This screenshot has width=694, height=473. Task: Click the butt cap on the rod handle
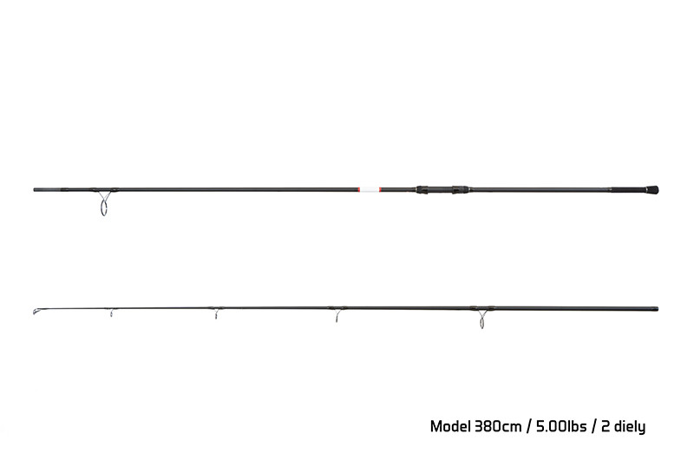652,190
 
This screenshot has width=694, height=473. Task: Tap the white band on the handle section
370,189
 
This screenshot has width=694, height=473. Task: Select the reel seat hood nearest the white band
422,189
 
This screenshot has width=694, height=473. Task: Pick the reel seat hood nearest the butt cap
461,189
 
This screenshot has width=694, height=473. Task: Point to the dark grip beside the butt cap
628,189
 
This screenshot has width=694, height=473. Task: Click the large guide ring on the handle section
103,205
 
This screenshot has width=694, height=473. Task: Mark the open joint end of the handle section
35,189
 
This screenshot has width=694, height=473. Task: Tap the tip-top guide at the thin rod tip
36,312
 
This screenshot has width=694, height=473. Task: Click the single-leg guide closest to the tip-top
112,312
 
